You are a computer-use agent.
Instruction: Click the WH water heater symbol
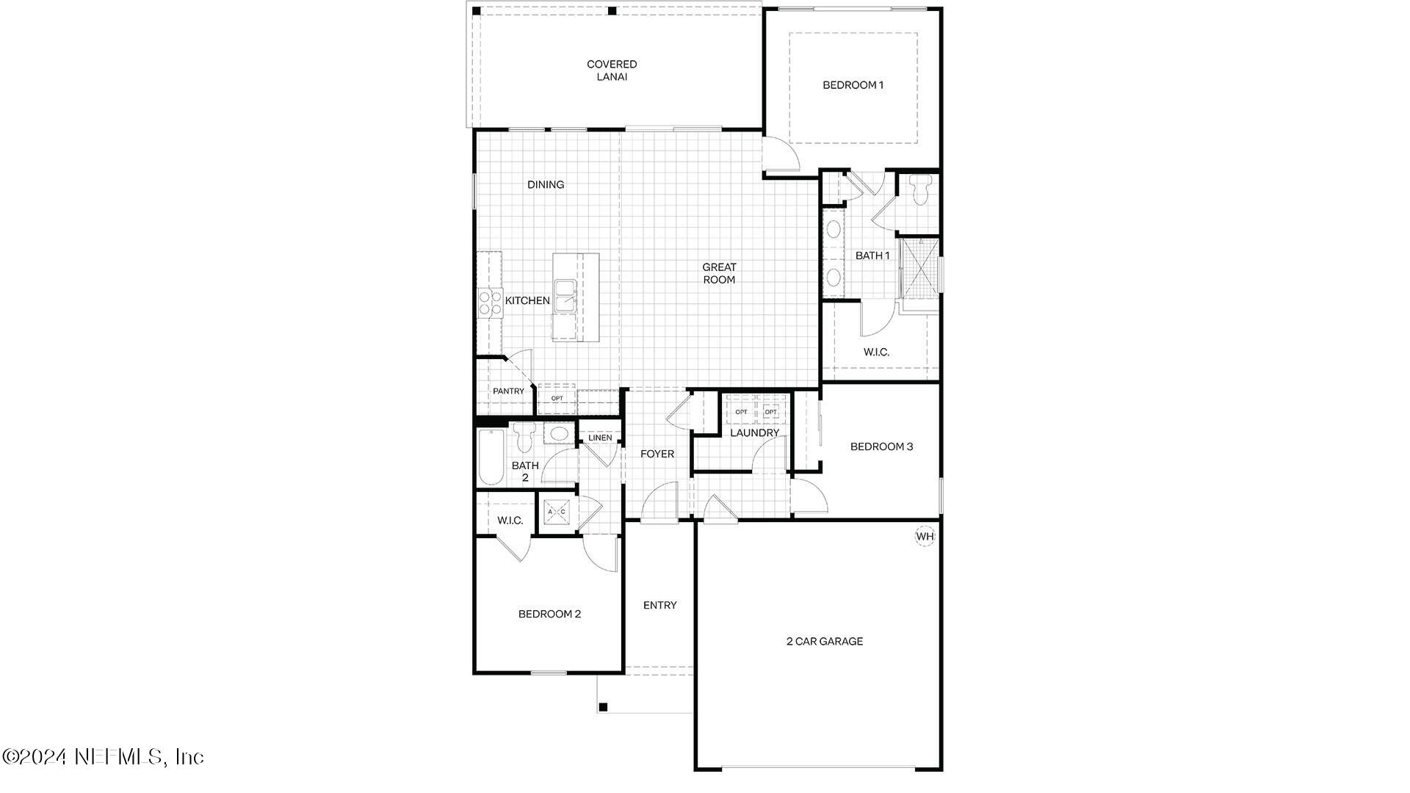[x=925, y=537]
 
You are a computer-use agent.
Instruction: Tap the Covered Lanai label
[x=612, y=70]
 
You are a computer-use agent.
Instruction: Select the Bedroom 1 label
[x=853, y=85]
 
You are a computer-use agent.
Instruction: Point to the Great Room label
[x=719, y=273]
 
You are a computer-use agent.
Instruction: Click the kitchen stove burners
[x=490, y=303]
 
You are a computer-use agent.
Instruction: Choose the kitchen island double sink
[x=565, y=296]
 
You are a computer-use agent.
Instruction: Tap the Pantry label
[x=508, y=391]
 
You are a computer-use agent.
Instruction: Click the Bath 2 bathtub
[x=491, y=457]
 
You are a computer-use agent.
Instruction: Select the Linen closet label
[x=600, y=438]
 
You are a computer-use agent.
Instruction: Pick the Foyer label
[x=657, y=455]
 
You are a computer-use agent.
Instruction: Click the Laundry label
[x=754, y=433]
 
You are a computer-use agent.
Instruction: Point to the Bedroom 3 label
[x=881, y=446]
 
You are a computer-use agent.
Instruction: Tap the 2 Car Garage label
[x=825, y=642]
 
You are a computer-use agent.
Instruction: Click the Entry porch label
[x=659, y=606]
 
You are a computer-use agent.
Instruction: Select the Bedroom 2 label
[x=549, y=615]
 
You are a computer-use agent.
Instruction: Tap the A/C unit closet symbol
[x=557, y=510]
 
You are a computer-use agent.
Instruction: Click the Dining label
[x=546, y=185]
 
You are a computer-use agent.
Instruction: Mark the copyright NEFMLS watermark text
[x=103, y=756]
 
